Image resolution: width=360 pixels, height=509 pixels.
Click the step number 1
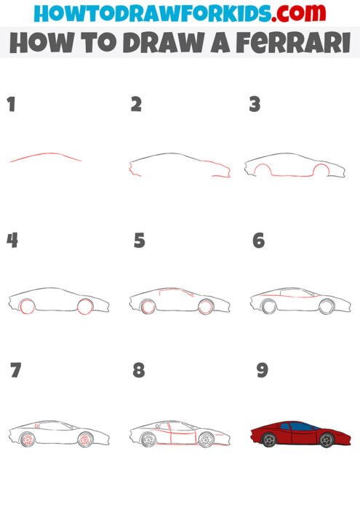[x=11, y=105]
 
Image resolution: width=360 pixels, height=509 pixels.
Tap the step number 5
[x=139, y=241]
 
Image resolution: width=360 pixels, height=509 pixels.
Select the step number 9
[x=263, y=370]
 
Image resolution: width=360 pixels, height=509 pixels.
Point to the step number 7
[x=16, y=370]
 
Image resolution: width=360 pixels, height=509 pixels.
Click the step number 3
[x=255, y=105]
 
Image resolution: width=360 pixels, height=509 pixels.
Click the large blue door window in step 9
[x=295, y=426]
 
